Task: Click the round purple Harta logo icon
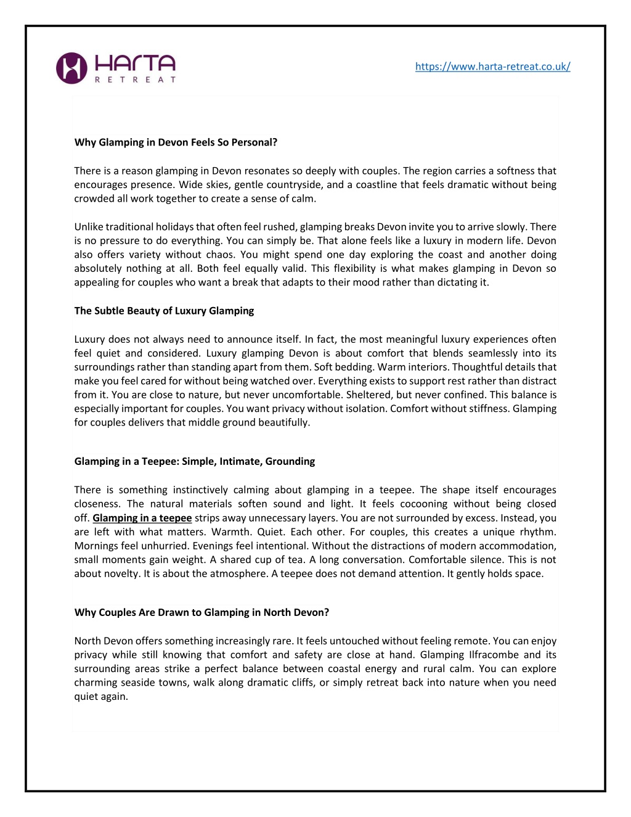coord(71,68)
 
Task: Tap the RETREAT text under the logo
coord(136,80)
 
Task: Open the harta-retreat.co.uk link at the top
coord(492,67)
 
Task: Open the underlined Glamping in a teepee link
coord(142,518)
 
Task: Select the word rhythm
coord(537,532)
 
